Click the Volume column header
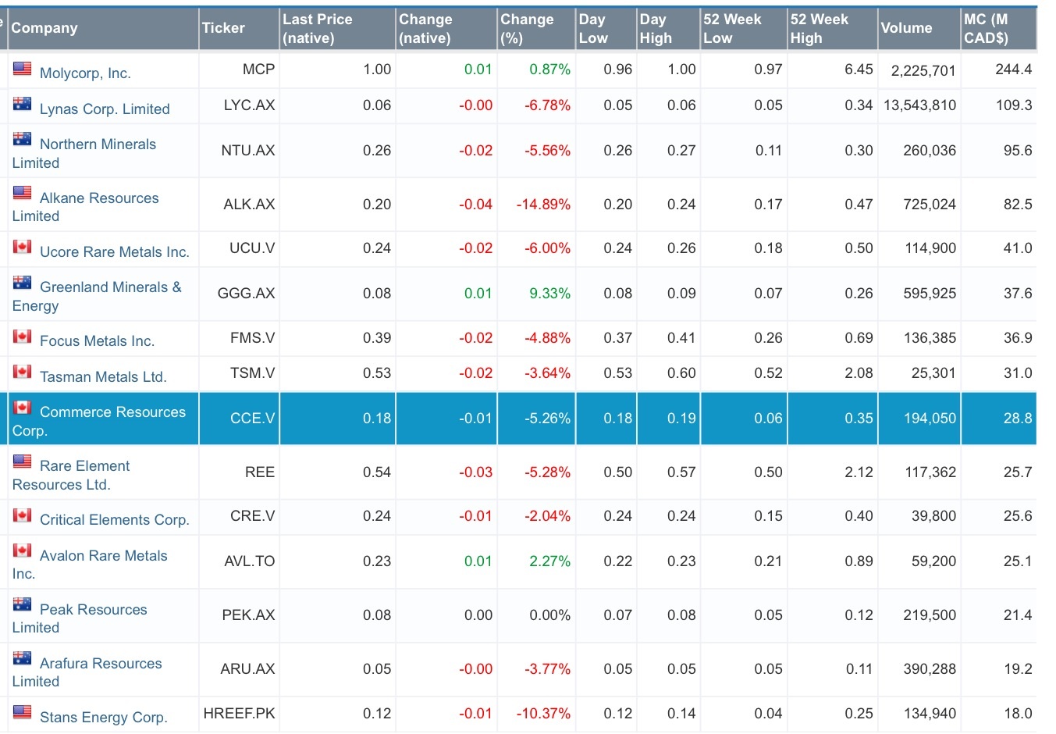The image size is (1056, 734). pos(906,28)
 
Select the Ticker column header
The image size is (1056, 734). pos(223,28)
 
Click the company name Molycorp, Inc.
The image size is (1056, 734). pos(85,73)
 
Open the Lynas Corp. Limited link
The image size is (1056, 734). pos(105,109)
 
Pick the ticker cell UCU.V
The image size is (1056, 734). pos(251,248)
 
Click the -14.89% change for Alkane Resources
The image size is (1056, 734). pos(543,205)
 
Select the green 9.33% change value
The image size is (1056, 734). pos(549,294)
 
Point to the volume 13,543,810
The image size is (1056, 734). pos(919,105)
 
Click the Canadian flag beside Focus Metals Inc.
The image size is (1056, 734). pos(23,337)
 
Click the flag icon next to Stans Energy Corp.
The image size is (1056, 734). pos(23,712)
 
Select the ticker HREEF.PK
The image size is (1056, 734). pos(239,714)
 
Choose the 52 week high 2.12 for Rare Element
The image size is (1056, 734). pos(859,472)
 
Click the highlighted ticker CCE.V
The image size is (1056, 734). pos(252,419)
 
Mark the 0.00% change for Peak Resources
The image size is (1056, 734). pos(549,615)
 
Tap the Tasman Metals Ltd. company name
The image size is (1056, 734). pos(103,377)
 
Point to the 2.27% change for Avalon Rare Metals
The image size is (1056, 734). pos(549,561)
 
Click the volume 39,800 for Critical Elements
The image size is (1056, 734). pos(933,516)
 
